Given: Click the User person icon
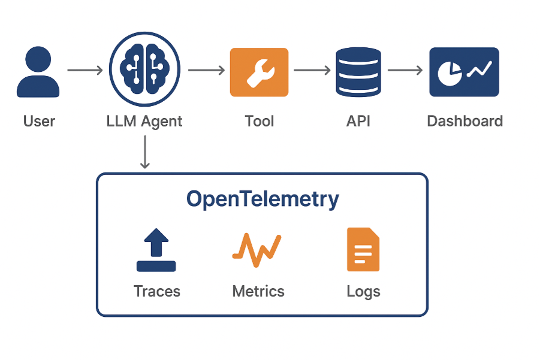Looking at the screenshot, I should [38, 72].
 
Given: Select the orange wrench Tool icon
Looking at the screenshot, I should [259, 72].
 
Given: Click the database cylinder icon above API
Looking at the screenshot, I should [358, 72].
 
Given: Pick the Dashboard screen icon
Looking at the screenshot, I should [464, 72].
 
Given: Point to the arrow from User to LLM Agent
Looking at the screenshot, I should [85, 71].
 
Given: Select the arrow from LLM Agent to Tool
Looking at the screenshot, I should [206, 71].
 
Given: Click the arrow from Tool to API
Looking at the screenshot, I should [312, 71].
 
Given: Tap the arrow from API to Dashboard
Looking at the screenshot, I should [406, 71].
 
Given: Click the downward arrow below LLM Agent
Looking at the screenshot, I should [144, 152].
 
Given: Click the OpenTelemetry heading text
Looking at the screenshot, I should [263, 199].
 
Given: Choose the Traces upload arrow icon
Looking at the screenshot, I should [156, 250].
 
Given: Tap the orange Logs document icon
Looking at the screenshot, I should [363, 250].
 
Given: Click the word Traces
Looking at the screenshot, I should [157, 292].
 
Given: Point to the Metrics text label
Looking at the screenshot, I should [258, 292].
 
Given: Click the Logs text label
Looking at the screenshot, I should [363, 292].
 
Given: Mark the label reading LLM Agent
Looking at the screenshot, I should [144, 122].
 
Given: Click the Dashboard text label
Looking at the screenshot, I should [464, 122].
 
